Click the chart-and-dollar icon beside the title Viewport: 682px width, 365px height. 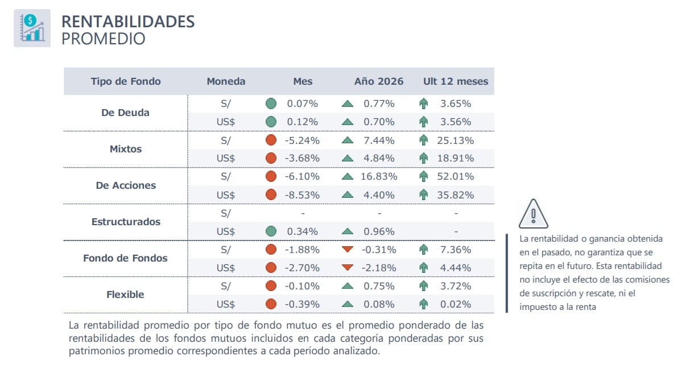[x=32, y=28]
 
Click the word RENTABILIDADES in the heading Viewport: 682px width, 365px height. [x=128, y=22]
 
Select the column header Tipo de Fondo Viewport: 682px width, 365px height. [x=126, y=81]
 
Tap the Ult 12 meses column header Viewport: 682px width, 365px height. [x=456, y=81]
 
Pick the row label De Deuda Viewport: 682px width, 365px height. [x=125, y=113]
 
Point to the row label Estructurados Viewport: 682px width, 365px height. [x=126, y=222]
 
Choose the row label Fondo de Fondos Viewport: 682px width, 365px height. [x=125, y=258]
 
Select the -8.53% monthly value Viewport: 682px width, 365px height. [x=303, y=195]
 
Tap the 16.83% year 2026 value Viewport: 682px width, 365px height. [x=379, y=176]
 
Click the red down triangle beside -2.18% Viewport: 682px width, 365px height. [x=348, y=268]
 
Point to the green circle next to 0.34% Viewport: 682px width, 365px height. [x=271, y=231]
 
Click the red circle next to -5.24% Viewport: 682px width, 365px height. [x=271, y=140]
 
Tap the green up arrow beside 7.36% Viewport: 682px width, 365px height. [x=423, y=250]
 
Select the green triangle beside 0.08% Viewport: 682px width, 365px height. [x=348, y=304]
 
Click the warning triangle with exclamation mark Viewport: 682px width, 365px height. [x=533, y=214]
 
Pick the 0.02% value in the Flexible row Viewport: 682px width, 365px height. [x=456, y=304]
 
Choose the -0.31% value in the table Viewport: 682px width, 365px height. [x=379, y=250]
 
